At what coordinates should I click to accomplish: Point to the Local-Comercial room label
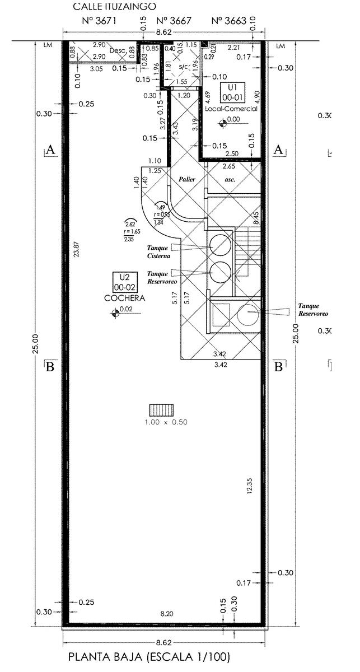click(x=231, y=109)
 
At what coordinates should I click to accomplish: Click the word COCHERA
click(x=124, y=298)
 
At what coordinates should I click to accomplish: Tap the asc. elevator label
click(x=230, y=180)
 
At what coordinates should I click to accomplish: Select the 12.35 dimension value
click(x=249, y=486)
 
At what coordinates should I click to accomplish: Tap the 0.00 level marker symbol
click(x=224, y=120)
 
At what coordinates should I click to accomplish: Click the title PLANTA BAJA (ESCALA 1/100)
click(x=149, y=657)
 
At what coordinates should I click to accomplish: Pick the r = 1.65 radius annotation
click(x=132, y=231)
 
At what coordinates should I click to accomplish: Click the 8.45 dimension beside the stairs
click(x=255, y=217)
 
